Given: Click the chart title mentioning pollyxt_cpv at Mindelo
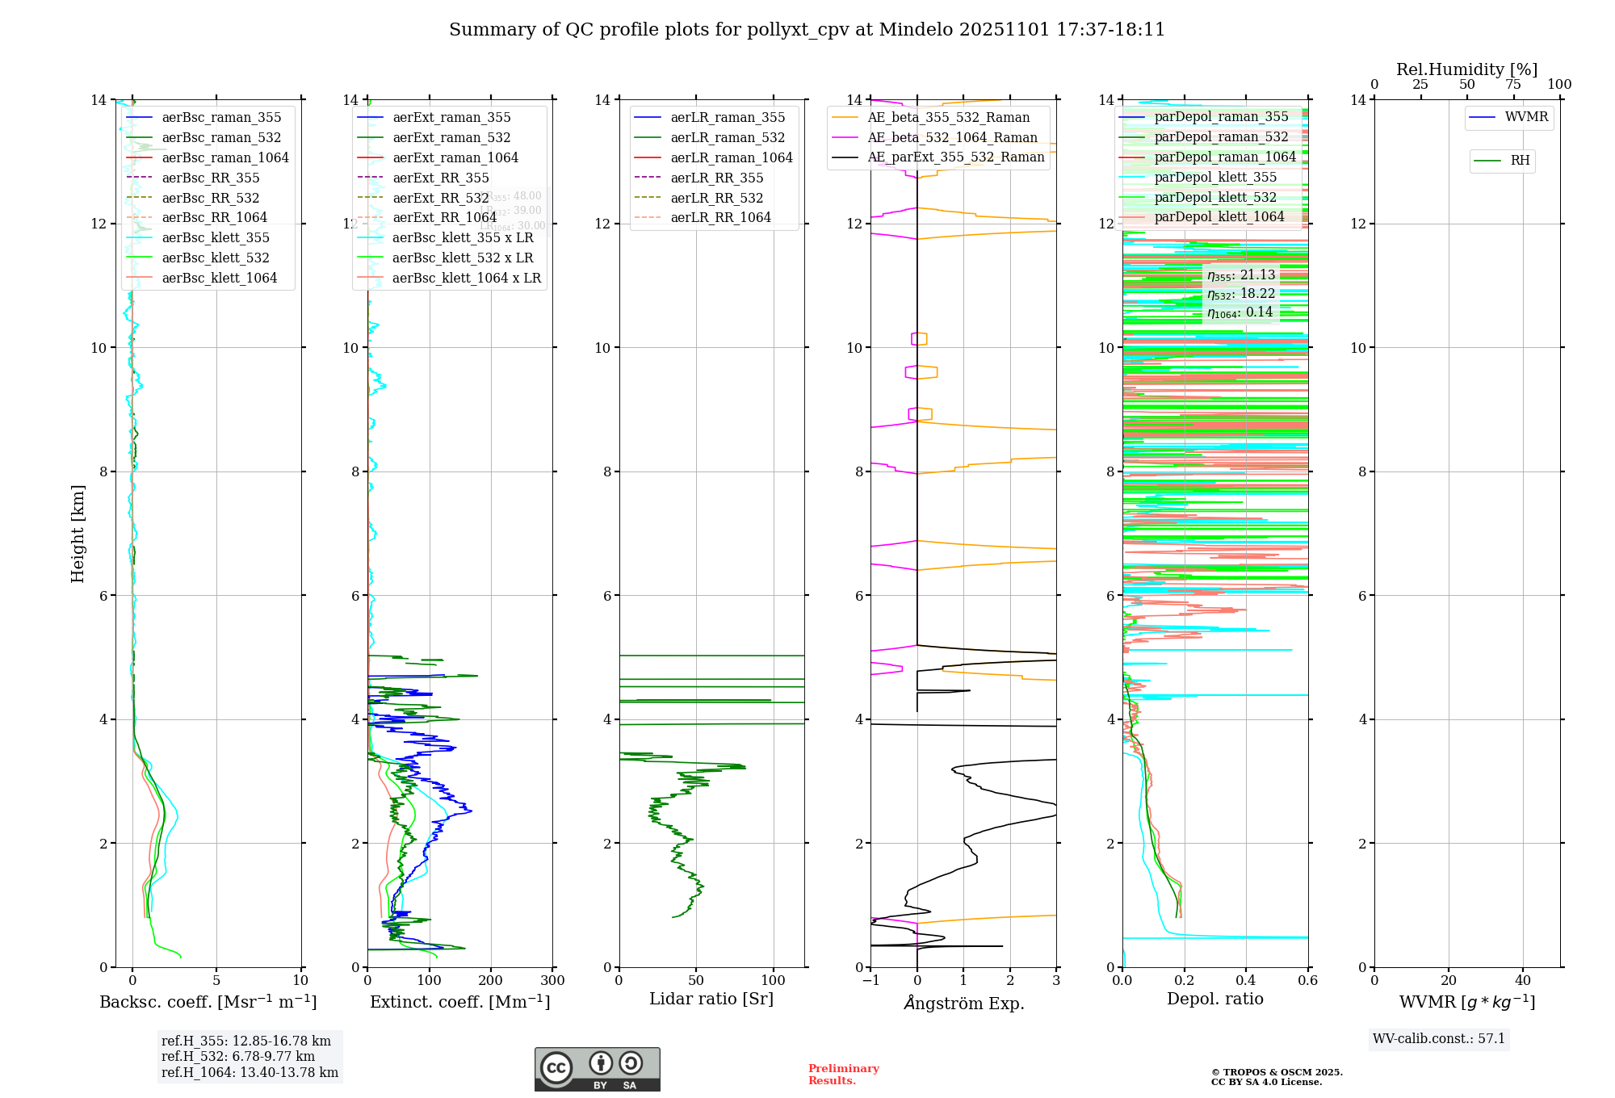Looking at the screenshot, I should click(x=807, y=30).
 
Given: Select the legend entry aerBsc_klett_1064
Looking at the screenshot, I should click(x=219, y=278).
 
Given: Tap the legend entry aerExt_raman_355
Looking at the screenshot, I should click(x=451, y=118).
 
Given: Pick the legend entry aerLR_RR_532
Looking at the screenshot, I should click(x=716, y=198).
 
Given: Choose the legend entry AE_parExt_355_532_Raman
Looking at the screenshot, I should click(x=955, y=157).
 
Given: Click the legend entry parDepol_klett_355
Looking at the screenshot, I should click(x=1215, y=178).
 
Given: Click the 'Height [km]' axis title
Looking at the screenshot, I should click(x=78, y=533).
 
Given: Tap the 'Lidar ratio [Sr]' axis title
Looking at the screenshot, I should click(x=711, y=1000).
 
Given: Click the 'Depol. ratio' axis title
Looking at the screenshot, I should click(x=1214, y=1000).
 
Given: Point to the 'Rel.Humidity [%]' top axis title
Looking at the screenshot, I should click(x=1466, y=69).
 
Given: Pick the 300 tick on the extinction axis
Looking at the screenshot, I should click(x=552, y=981).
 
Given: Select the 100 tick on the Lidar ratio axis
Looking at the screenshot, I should click(x=774, y=981).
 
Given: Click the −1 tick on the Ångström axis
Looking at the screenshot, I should click(x=870, y=981).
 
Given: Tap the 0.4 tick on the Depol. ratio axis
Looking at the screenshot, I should click(x=1246, y=981).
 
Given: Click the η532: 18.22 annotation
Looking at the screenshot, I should click(x=1241, y=294).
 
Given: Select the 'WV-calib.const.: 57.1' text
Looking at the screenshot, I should click(x=1439, y=1039).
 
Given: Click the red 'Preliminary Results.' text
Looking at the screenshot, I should click(x=843, y=1075).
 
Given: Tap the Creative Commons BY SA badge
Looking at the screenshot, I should click(x=597, y=1070).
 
